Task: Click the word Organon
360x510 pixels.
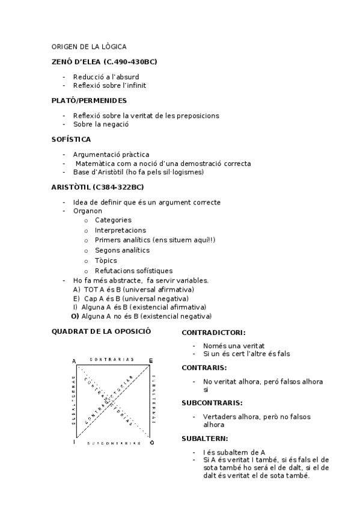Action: click(x=87, y=211)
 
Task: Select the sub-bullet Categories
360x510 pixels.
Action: click(x=113, y=221)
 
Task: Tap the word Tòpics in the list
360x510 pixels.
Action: click(x=106, y=261)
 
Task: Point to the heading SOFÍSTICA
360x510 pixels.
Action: click(x=72, y=140)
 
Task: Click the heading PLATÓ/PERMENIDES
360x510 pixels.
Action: click(x=89, y=100)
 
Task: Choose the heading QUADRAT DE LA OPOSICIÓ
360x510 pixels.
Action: click(x=101, y=331)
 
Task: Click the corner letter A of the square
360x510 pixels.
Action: click(x=74, y=361)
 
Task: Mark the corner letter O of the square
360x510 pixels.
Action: click(x=151, y=443)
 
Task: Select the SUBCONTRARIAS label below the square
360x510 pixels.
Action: click(x=113, y=443)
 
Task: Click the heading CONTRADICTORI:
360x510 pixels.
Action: click(x=213, y=333)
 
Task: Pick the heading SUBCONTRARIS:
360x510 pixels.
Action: click(x=212, y=403)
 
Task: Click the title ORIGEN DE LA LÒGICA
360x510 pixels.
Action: click(x=89, y=46)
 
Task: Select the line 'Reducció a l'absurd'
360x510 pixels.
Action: click(x=106, y=77)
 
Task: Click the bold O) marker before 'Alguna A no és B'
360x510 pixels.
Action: click(x=75, y=316)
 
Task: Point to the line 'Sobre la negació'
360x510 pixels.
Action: click(x=101, y=124)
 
